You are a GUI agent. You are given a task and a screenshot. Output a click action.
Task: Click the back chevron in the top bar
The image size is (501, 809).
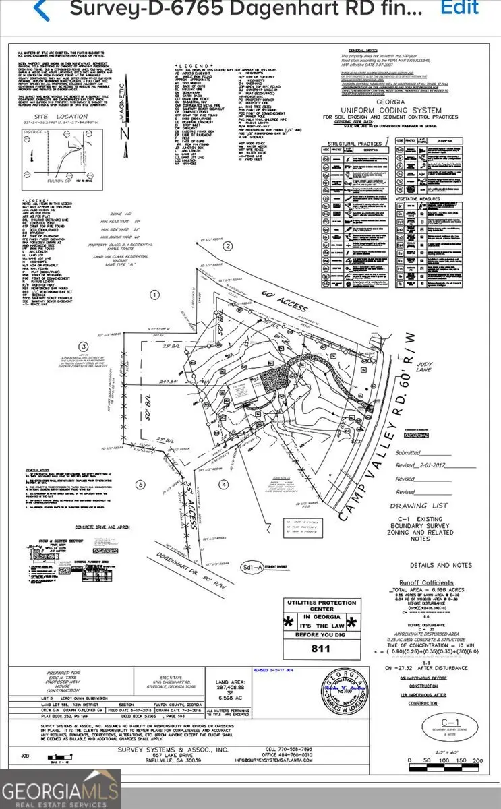41,9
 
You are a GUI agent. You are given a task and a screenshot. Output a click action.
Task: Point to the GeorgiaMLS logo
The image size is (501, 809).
60,788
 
